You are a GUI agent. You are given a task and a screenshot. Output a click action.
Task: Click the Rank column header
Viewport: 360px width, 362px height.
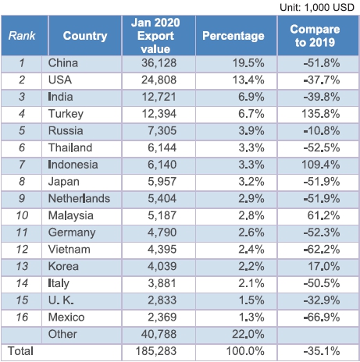coord(22,36)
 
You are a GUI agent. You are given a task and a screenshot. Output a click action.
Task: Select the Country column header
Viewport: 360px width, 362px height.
coord(85,36)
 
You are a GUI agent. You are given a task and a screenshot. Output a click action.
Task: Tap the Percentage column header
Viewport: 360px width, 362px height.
coord(233,36)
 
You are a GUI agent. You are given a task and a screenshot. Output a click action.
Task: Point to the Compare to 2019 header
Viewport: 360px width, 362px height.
coord(315,36)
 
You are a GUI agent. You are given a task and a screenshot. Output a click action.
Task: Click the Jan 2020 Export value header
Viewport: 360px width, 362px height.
coord(155,36)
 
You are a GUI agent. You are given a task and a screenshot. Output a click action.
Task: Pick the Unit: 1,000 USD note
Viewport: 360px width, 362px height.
coord(317,7)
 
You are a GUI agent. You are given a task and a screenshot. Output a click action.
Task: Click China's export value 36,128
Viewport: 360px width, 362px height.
coord(159,63)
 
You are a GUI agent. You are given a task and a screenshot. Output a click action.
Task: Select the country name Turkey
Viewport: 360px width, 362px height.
coord(66,114)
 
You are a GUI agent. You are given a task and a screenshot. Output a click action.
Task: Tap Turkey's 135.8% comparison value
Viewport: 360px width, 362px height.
coord(321,114)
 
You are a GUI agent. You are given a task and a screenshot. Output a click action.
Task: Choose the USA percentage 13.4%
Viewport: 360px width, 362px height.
coord(248,80)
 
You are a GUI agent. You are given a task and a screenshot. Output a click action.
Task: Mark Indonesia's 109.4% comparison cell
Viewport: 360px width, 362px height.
coord(321,165)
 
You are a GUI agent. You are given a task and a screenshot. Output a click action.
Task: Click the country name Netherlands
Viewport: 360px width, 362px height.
coord(79,198)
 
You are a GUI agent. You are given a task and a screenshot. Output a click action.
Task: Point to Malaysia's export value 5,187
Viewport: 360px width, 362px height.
coord(162,215)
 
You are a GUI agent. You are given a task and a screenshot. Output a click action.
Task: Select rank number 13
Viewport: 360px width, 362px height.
coord(22,266)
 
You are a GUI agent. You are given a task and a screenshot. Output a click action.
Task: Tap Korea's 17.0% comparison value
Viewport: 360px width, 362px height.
coord(324,266)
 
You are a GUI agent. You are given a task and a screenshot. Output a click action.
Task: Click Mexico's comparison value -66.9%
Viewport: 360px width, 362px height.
coord(322,318)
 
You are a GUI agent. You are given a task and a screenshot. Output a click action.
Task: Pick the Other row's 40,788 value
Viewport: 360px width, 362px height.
coord(159,334)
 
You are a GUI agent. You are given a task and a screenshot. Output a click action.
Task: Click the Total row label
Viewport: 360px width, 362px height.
coord(20,351)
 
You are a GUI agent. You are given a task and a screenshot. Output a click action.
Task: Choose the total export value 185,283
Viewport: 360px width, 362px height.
coord(156,351)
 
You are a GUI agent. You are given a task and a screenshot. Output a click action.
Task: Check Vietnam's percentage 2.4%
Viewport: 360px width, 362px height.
coord(251,250)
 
